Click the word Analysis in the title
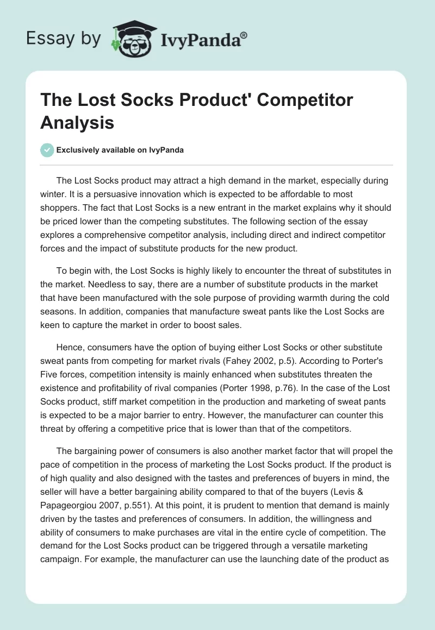[x=77, y=122]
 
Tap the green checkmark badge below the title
[x=47, y=150]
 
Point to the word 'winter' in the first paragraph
[x=55, y=194]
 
